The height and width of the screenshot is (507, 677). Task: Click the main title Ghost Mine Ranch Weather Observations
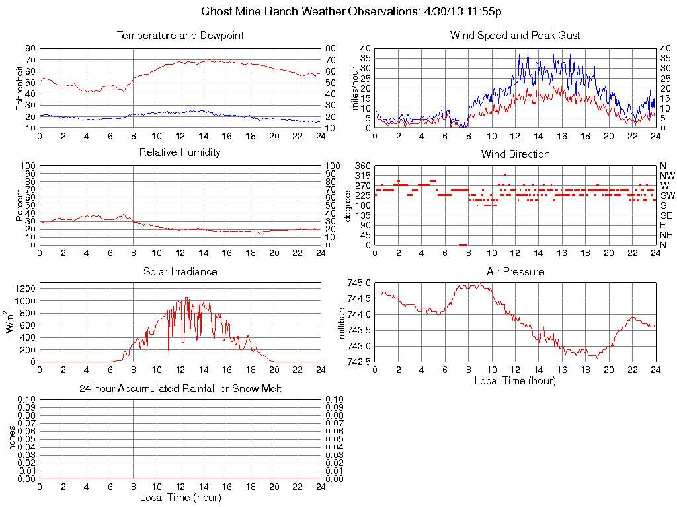351,12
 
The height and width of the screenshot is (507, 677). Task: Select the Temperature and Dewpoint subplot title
180,35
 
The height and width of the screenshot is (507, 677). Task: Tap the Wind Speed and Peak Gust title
515,35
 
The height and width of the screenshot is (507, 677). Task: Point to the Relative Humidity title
180,152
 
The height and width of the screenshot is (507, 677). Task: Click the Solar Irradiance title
180,271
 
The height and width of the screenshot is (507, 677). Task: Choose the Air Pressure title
515,271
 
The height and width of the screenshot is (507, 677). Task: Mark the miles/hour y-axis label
355,88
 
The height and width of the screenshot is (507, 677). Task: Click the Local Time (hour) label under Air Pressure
515,380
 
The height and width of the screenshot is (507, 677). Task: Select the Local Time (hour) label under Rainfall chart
180,497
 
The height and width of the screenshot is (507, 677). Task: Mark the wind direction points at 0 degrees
463,245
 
